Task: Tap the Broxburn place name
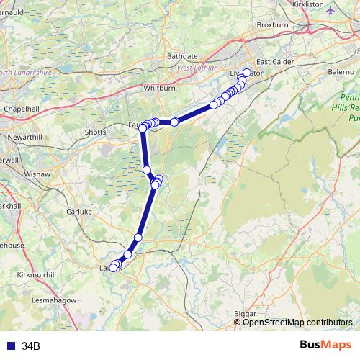272,32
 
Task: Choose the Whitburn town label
160,86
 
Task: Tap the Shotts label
95,132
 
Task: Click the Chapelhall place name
20,109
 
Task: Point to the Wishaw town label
37,174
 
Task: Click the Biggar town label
246,314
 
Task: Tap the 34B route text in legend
31,346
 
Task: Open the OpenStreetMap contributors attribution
297,323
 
